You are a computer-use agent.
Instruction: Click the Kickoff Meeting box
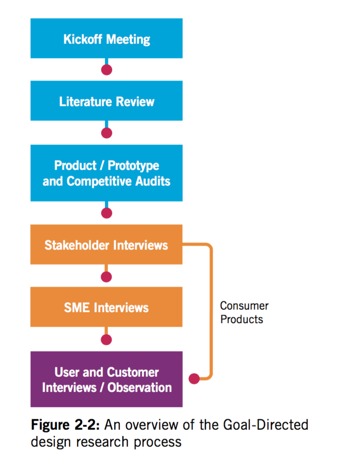(x=107, y=38)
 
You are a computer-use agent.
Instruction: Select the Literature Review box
(x=107, y=101)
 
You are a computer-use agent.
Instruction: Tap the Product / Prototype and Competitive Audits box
(x=107, y=173)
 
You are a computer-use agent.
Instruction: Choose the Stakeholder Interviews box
(x=107, y=244)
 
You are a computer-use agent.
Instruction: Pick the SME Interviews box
(x=107, y=307)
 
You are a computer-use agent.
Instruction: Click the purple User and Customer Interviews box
(x=107, y=379)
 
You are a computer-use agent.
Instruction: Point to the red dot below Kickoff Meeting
(x=107, y=70)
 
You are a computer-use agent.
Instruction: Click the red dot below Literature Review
(x=107, y=133)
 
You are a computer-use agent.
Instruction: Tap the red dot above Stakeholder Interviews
(x=107, y=213)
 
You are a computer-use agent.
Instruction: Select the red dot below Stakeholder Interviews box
(x=107, y=277)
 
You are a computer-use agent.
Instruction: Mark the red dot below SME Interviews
(x=107, y=340)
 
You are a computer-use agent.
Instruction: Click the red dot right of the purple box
(x=194, y=378)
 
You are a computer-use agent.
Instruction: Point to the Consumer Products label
(x=244, y=312)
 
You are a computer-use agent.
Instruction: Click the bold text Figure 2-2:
(x=65, y=425)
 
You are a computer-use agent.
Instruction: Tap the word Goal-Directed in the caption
(x=266, y=425)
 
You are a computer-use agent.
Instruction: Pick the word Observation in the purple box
(x=140, y=387)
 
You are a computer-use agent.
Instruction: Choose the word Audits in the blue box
(x=153, y=181)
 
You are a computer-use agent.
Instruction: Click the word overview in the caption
(x=152, y=425)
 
